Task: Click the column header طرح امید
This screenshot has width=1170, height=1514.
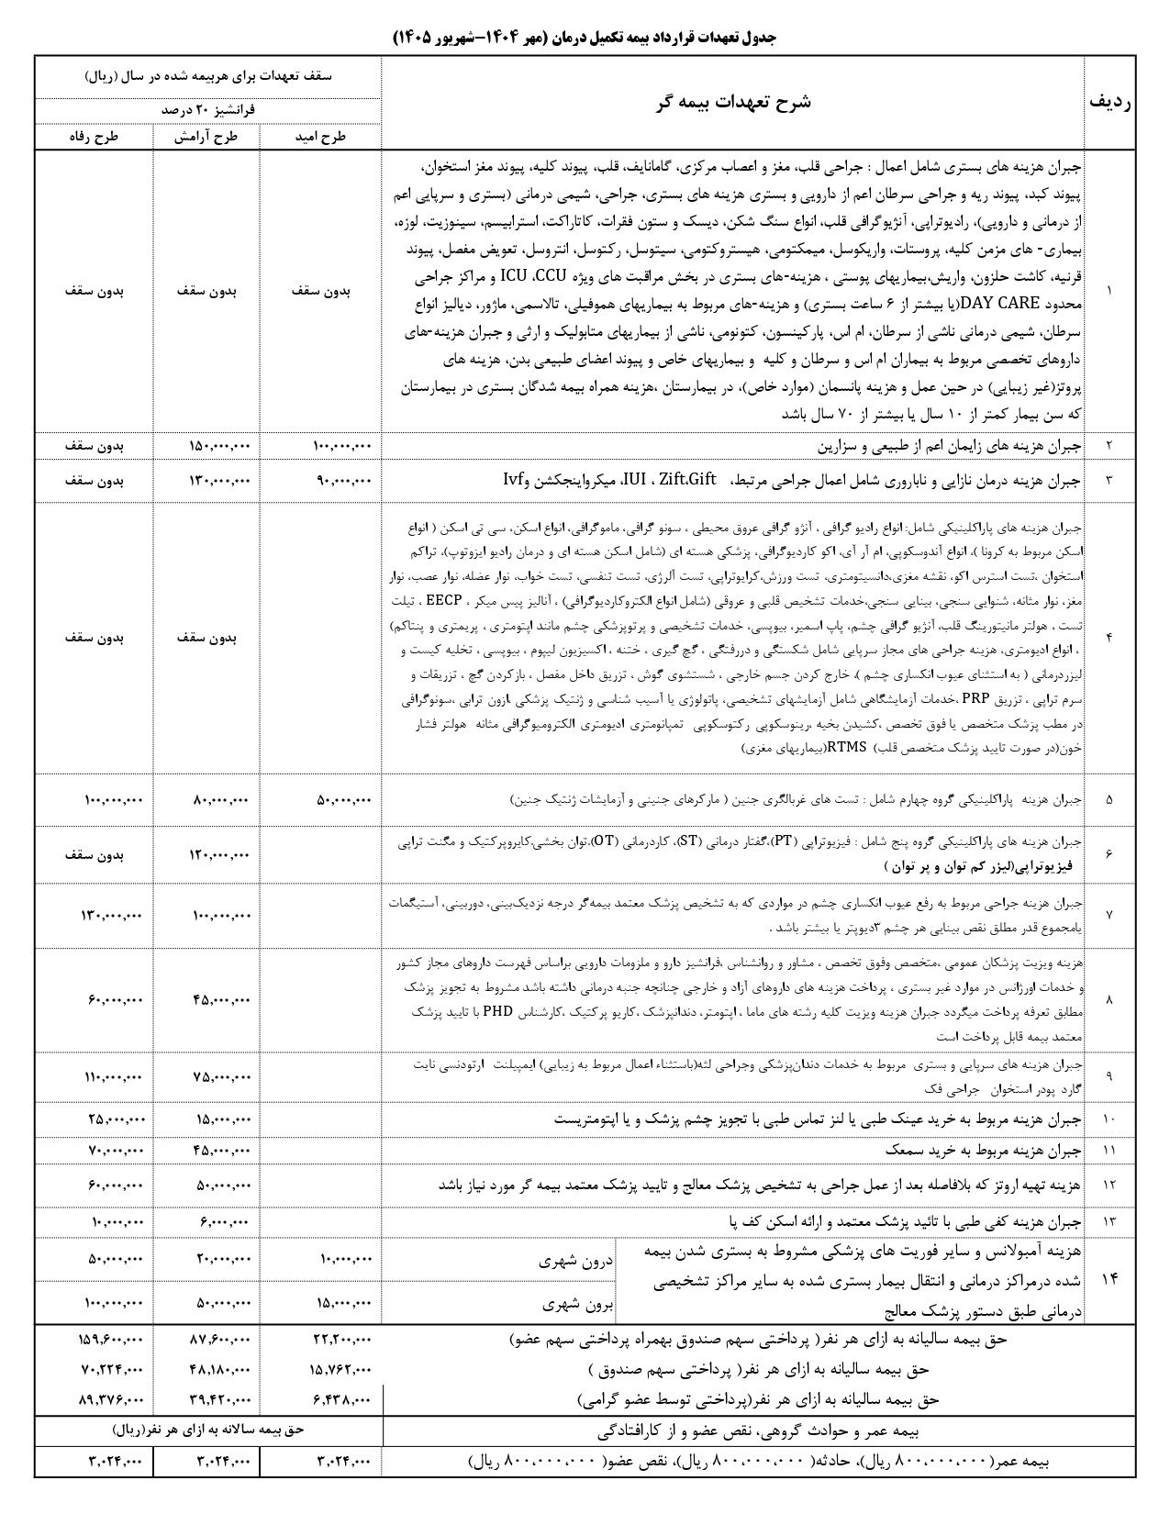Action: [320, 137]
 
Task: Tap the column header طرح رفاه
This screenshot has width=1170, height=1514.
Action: [94, 137]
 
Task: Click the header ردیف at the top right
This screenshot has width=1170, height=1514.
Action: [1109, 103]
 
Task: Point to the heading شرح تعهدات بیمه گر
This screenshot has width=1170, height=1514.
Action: [731, 103]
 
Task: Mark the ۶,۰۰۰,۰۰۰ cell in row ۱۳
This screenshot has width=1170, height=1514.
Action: [222, 1222]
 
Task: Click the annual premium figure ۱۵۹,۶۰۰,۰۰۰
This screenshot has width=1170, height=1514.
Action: [111, 1341]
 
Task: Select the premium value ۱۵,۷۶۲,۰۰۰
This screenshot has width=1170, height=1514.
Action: [337, 1370]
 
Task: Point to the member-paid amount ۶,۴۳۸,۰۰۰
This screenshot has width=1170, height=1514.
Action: [341, 1400]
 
